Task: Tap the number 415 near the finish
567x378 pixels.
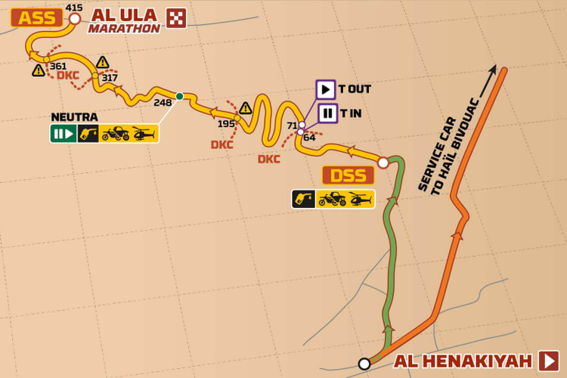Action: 74,8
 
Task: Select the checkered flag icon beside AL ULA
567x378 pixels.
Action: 176,18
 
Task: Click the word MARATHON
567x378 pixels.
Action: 124,29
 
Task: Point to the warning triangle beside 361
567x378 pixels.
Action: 39,70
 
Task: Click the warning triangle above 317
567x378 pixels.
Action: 103,62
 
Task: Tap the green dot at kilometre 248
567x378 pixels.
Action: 179,96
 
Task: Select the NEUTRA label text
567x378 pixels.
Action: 74,116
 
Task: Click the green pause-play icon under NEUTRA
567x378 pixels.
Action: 64,134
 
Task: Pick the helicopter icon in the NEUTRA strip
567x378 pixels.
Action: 144,134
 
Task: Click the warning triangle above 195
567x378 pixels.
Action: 246,107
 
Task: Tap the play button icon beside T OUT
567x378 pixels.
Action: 326,89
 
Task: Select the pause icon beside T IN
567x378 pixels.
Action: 327,113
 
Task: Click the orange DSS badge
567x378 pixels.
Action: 348,175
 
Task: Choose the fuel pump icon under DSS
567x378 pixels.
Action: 304,199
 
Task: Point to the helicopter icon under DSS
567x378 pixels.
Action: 361,199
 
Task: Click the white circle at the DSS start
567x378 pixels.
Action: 383,163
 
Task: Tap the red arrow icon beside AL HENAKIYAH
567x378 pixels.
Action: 548,361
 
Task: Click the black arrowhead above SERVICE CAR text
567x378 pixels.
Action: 492,71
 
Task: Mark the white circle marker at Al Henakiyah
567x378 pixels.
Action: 364,364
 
